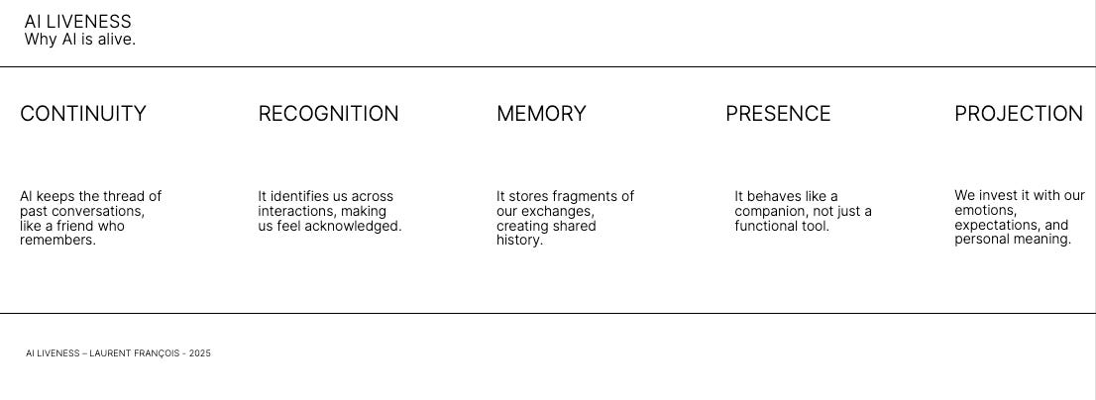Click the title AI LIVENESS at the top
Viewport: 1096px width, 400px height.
77,22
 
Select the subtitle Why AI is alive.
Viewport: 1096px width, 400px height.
79,40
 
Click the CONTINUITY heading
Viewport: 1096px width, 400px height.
83,114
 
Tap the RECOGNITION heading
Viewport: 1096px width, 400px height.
328,114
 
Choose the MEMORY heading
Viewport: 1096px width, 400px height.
541,114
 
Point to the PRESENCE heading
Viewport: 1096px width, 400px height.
778,114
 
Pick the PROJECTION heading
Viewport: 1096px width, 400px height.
1018,114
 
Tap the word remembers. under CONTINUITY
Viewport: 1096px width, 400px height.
57,241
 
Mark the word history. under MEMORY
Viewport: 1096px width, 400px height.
519,241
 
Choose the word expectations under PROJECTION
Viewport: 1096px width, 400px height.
997,226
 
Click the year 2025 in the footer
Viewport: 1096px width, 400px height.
199,353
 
